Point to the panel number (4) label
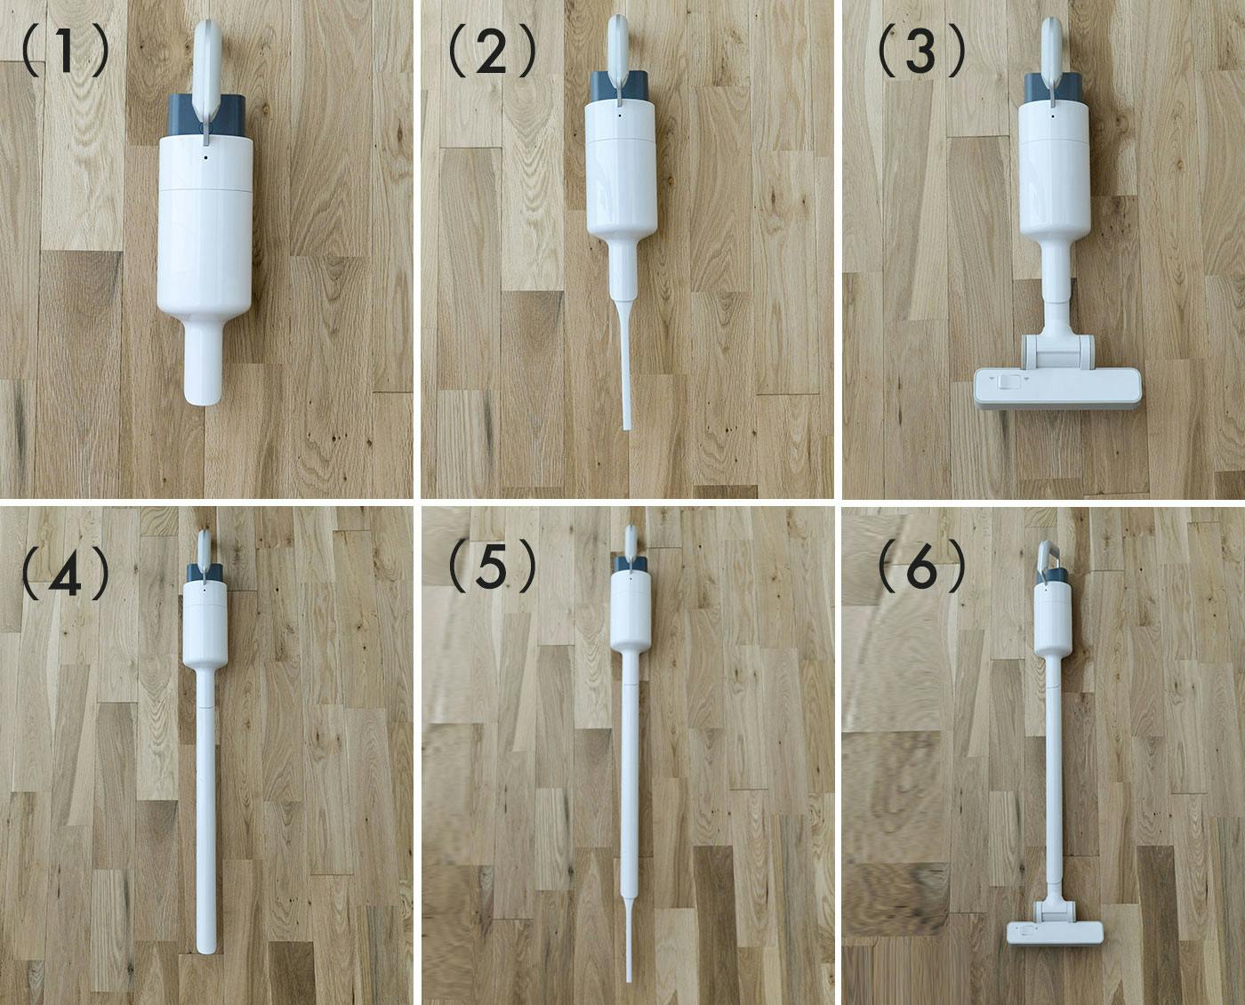click(x=65, y=573)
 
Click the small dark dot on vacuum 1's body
click(x=205, y=157)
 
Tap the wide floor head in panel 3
click(x=1058, y=386)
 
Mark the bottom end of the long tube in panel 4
click(x=206, y=949)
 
